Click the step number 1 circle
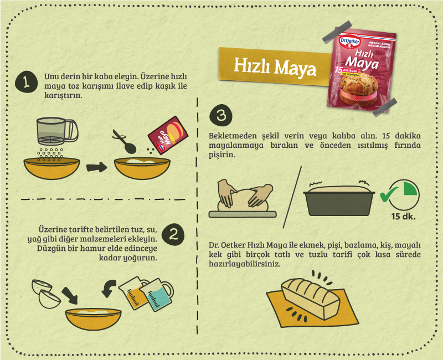pos(26,82)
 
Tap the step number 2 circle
pos(173,234)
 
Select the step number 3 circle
pos(221,116)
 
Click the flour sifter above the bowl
pos(57,131)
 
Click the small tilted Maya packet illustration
pos(168,135)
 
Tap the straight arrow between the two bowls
pos(96,167)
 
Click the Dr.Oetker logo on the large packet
pos(350,42)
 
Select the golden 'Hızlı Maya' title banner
pos(275,66)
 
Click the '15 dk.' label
pos(404,217)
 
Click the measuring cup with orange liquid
pos(133,293)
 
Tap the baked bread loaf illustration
pos(310,298)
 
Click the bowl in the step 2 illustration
pos(93,319)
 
